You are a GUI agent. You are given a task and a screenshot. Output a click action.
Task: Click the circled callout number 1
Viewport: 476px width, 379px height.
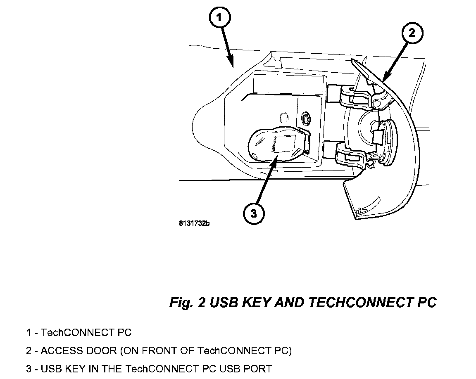click(x=220, y=18)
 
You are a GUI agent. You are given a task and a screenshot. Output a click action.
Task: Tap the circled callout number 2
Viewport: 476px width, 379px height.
click(x=411, y=33)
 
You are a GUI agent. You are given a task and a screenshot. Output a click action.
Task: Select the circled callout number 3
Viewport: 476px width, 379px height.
click(x=253, y=213)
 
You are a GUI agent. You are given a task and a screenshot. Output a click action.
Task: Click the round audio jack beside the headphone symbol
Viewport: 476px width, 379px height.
click(x=306, y=118)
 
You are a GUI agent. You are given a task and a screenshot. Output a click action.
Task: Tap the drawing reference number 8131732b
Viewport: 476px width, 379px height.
click(x=194, y=224)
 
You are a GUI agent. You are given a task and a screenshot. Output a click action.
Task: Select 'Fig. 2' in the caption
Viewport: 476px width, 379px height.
click(x=187, y=303)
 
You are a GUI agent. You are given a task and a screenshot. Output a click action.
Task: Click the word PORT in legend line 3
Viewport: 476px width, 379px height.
click(x=258, y=368)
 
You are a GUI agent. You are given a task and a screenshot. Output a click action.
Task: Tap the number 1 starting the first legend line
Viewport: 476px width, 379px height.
click(x=29, y=332)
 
